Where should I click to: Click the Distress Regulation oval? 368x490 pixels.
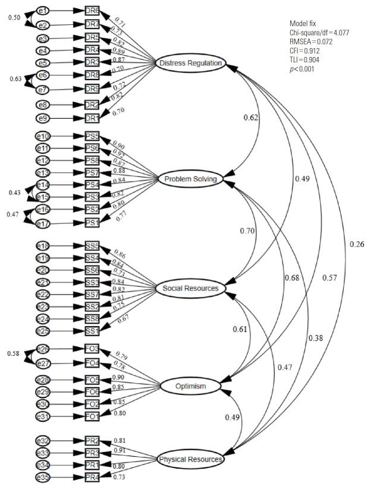click(190, 63)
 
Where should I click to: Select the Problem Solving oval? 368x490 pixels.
click(190, 179)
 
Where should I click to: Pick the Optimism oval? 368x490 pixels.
click(191, 387)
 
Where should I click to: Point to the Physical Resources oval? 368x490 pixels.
click(190, 459)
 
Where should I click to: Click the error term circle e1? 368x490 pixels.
click(42, 11)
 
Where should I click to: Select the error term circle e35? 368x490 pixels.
click(43, 476)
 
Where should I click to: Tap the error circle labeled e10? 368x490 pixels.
click(43, 137)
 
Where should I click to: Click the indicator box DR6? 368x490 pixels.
click(92, 11)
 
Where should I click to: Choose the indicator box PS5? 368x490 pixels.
click(92, 137)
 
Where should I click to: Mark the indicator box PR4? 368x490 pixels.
click(92, 476)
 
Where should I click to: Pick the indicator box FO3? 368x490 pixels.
click(92, 349)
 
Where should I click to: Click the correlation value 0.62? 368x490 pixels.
click(250, 118)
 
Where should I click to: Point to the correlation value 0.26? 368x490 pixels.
click(357, 244)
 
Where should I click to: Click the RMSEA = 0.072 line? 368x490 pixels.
click(312, 43)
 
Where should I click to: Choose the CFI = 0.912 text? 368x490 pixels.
click(306, 52)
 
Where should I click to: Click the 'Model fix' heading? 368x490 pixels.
click(303, 24)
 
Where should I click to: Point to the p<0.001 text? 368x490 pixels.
click(302, 69)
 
